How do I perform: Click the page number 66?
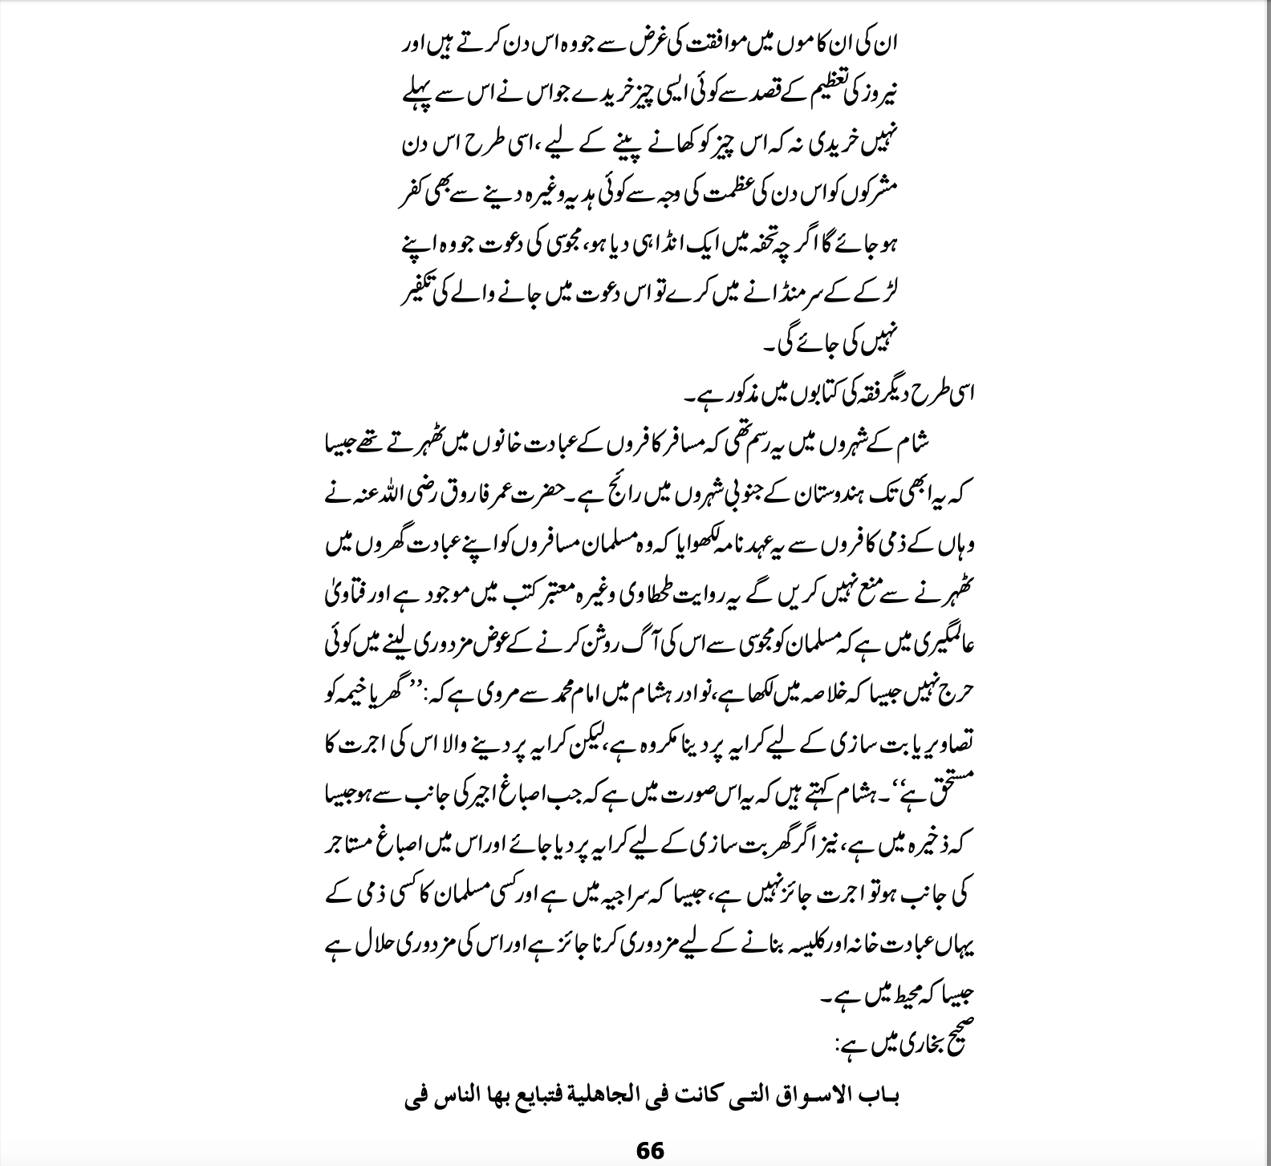coord(650,1151)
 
